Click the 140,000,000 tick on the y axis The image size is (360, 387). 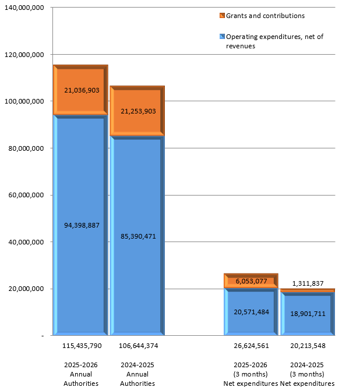[24, 8]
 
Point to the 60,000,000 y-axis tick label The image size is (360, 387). [26, 195]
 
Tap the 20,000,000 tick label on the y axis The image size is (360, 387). [26, 289]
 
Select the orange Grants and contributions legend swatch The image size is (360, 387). [222, 16]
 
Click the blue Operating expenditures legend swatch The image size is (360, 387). [222, 37]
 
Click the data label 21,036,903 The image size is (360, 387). [82, 90]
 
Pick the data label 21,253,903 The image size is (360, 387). [138, 111]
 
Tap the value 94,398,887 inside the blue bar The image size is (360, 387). [82, 225]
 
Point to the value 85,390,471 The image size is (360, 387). [138, 236]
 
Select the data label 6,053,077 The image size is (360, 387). [251, 281]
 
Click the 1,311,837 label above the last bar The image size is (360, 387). [308, 283]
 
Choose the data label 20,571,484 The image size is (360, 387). [251, 312]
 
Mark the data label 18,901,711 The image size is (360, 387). [308, 314]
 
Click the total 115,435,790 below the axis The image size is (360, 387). [82, 346]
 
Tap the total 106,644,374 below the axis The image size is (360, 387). [139, 346]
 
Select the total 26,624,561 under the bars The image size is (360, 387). [251, 346]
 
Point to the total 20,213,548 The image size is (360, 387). [308, 346]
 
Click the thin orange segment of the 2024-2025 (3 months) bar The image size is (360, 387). [308, 290]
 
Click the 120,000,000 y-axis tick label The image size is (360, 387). [24, 55]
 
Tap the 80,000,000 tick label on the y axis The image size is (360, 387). [26, 148]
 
